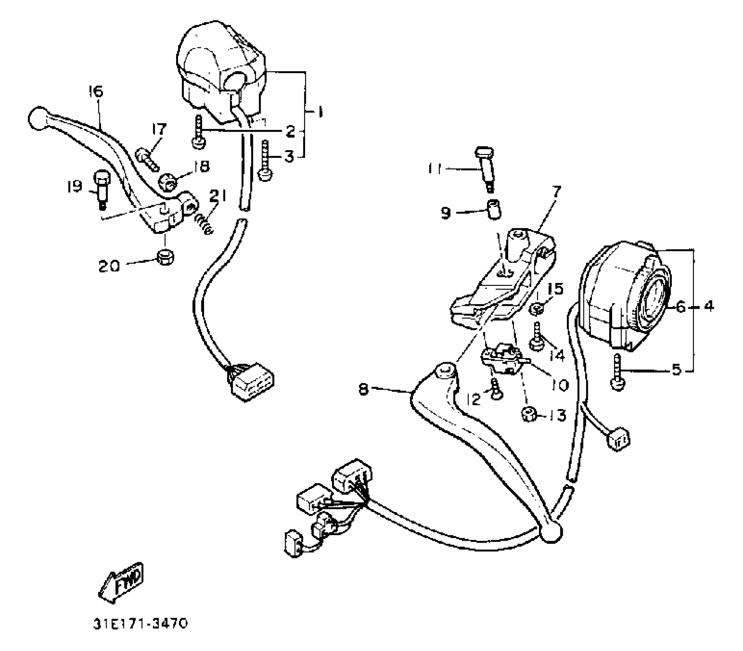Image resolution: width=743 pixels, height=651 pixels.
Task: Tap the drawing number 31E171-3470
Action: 140,624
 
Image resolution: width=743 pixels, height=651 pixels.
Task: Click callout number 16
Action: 95,92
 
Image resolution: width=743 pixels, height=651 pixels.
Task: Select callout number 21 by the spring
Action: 217,196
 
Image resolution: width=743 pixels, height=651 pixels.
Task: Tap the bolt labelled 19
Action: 101,188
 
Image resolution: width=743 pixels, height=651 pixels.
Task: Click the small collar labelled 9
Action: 493,209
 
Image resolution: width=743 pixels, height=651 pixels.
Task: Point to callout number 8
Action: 364,389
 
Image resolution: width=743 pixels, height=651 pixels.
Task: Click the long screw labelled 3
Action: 265,160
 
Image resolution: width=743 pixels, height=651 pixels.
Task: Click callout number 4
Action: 709,306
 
